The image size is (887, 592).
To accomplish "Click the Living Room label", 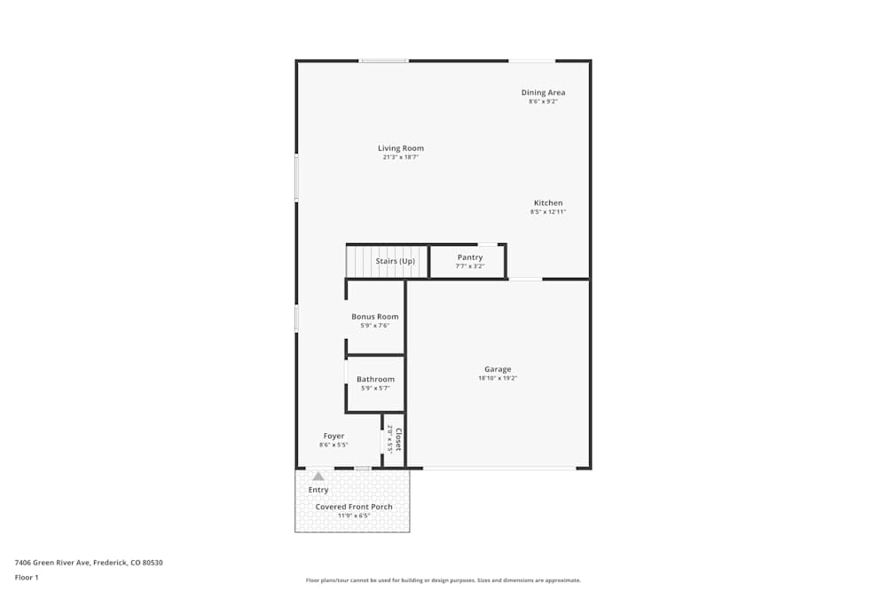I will [401, 148].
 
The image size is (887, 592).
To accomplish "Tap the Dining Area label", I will [543, 92].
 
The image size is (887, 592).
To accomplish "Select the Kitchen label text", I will [548, 202].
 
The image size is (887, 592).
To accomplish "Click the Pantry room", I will [469, 262].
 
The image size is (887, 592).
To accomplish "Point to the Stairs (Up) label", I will [395, 261].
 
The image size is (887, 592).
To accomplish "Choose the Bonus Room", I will [375, 320].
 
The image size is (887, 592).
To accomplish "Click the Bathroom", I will [375, 383].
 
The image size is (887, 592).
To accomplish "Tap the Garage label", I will [498, 369].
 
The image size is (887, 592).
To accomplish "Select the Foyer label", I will [334, 436].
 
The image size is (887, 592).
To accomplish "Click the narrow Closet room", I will [394, 440].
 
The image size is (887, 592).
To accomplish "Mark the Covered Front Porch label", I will [354, 507].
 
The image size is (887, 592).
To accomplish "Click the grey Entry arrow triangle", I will [318, 477].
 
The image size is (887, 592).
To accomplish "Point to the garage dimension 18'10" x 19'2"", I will [498, 378].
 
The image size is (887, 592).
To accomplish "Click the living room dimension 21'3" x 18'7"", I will [401, 157].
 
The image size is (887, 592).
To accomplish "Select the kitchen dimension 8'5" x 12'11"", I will [548, 212].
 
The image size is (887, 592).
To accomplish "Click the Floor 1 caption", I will [27, 577].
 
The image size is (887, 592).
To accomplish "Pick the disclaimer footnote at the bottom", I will [443, 580].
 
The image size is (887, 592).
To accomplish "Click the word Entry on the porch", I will [318, 490].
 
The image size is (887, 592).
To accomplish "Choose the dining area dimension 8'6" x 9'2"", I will [543, 101].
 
